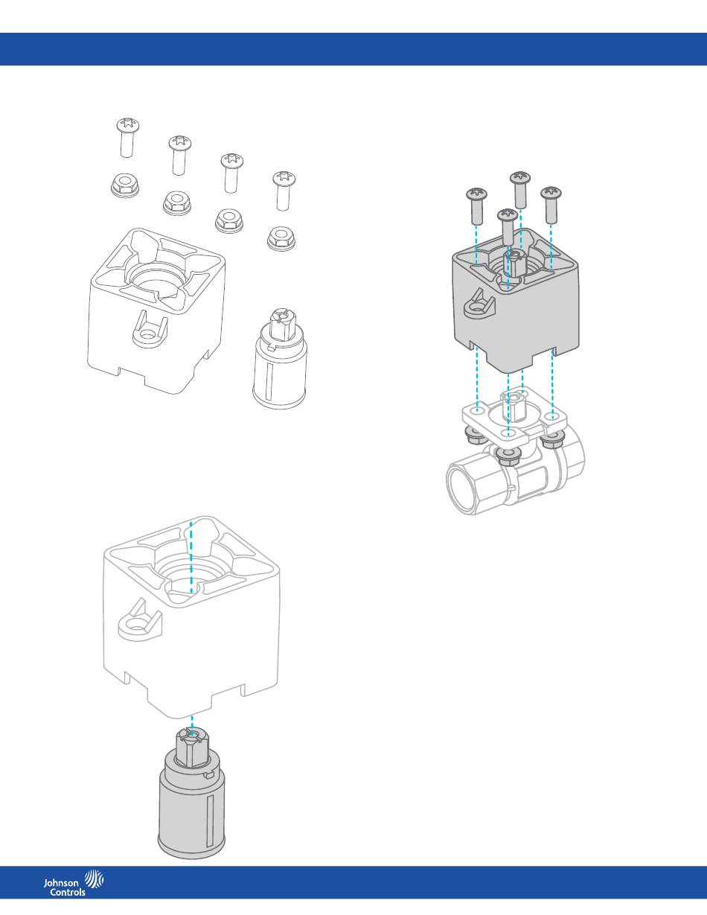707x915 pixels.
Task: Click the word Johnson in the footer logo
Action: coord(61,883)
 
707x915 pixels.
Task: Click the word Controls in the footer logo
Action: coord(67,892)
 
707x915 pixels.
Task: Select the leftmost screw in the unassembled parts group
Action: coord(127,138)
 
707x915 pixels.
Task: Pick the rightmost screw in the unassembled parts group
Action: coord(284,191)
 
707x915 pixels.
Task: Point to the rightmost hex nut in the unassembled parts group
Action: coord(281,238)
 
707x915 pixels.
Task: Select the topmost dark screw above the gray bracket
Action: coord(520,190)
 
